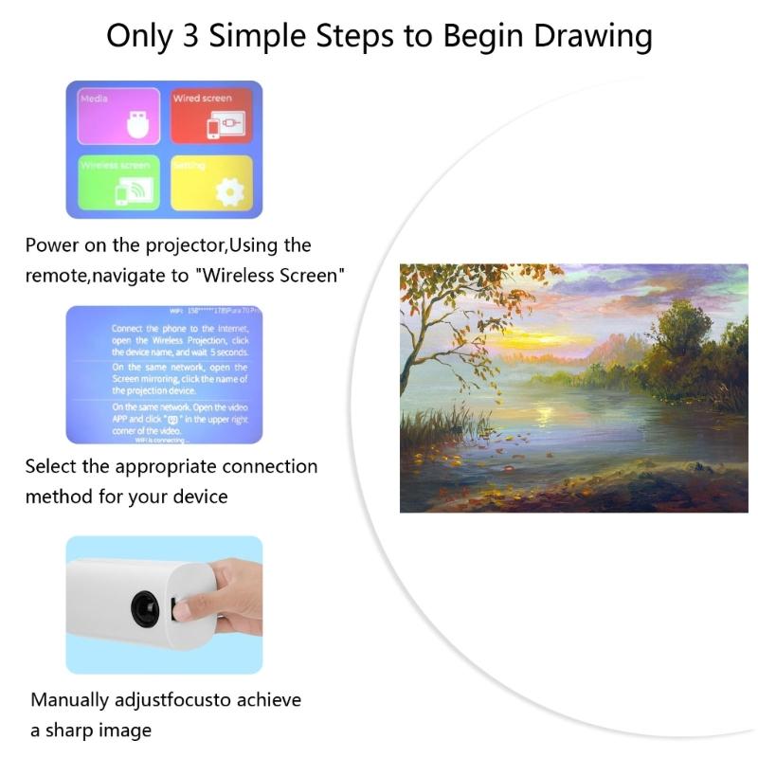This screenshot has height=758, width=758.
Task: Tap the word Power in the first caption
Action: (x=52, y=245)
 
